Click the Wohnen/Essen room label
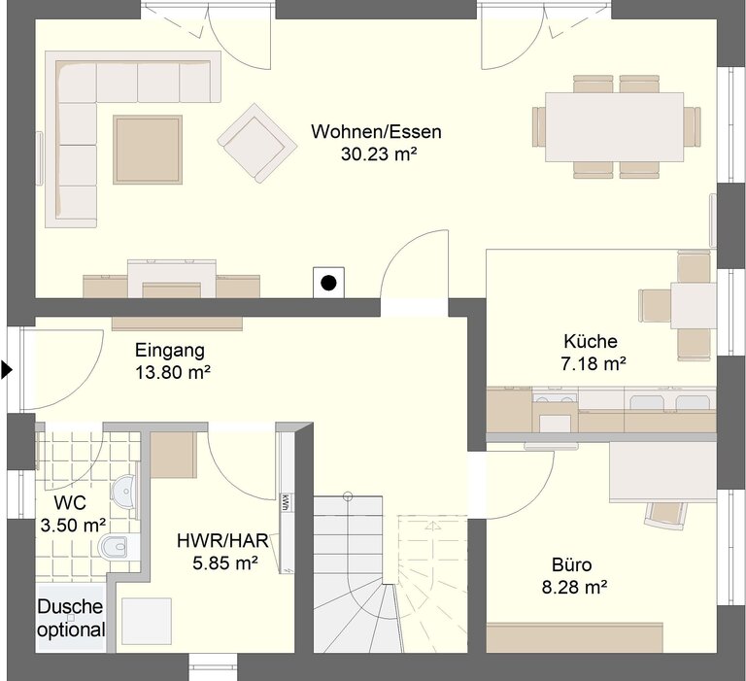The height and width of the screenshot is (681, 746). (376, 131)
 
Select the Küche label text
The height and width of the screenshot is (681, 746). (591, 341)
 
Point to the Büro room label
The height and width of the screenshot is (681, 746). (572, 564)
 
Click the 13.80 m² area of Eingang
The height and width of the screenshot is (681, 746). (173, 372)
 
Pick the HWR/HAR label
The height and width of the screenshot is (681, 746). (222, 541)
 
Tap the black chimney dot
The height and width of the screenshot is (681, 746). (328, 283)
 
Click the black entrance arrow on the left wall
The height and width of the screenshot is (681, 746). (6, 370)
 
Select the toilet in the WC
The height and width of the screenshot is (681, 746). (116, 546)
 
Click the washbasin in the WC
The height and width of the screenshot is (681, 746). (124, 491)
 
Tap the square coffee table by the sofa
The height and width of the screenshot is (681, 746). (148, 150)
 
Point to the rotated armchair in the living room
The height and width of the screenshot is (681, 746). (257, 143)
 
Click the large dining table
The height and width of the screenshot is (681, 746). (615, 127)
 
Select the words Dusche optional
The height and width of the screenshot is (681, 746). (71, 618)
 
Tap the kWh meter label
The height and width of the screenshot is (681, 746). (286, 503)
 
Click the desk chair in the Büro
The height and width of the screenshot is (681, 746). (666, 515)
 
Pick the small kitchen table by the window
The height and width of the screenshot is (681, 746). (694, 305)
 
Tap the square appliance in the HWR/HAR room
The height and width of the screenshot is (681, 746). (147, 621)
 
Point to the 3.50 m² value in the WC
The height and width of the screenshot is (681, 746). (73, 526)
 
